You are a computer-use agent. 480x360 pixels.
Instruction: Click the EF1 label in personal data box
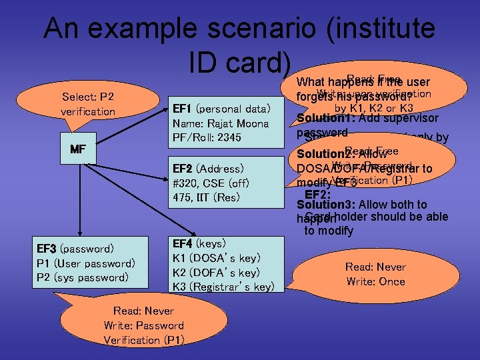182,109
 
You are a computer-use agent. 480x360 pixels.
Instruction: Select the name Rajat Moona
220,123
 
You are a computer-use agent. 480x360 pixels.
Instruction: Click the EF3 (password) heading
75,249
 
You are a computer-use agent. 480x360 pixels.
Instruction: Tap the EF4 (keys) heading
199,243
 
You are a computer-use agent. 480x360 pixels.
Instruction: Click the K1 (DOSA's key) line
216,258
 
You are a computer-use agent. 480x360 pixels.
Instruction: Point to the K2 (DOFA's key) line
216,273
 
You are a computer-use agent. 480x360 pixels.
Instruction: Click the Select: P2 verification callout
88,104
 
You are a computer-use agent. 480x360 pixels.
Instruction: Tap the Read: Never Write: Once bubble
375,274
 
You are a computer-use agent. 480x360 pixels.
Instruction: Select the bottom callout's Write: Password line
143,325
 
